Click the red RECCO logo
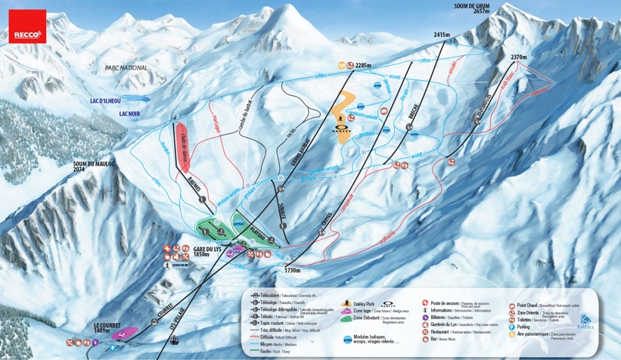(28, 27)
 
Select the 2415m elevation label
(441, 35)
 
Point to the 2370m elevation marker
(518, 57)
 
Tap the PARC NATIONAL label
(126, 68)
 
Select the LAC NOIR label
(129, 113)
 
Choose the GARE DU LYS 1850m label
(206, 251)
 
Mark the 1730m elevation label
(292, 270)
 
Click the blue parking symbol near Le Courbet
(113, 347)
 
